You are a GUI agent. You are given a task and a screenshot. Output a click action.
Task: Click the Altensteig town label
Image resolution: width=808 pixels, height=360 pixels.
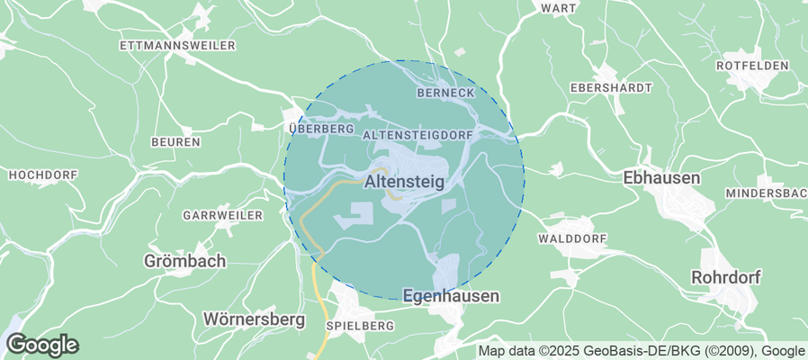click(x=405, y=183)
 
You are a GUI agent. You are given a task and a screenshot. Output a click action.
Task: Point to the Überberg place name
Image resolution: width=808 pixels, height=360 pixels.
click(x=321, y=129)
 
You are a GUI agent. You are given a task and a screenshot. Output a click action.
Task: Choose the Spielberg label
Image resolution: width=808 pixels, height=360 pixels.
click(x=361, y=325)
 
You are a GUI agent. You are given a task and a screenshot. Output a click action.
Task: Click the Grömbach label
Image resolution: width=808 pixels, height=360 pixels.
click(x=184, y=261)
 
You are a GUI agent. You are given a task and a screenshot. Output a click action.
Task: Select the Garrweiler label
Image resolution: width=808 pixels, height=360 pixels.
click(x=222, y=216)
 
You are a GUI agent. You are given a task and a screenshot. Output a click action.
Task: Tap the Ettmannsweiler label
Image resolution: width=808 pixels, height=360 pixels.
click(x=177, y=44)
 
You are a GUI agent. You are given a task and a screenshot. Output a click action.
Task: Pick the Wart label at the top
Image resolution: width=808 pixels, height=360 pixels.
click(x=558, y=7)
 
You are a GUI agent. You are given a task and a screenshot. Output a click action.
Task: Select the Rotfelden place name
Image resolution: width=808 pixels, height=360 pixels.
click(x=751, y=66)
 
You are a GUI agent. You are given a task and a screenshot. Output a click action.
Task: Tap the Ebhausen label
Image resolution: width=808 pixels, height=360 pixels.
click(x=661, y=178)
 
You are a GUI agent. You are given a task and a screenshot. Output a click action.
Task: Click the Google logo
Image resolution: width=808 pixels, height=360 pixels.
click(x=41, y=344)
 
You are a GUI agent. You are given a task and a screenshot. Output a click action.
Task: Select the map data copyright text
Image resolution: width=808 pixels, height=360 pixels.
click(x=642, y=351)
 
